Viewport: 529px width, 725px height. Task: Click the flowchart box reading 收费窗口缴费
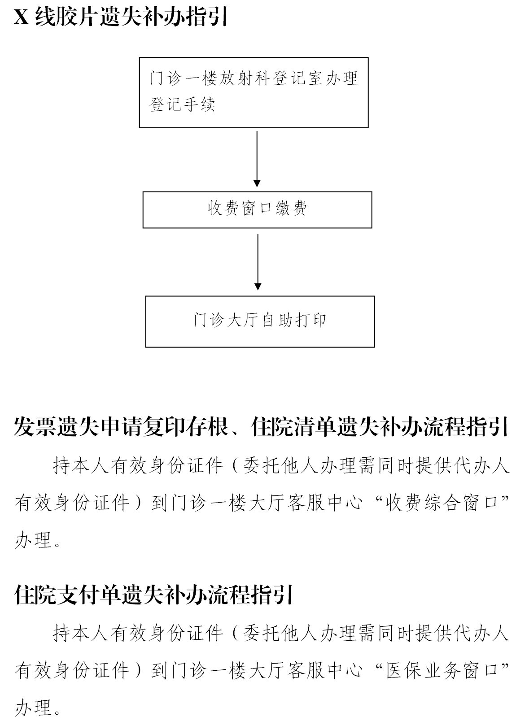click(x=257, y=210)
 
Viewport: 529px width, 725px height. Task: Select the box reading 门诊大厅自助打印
click(x=260, y=321)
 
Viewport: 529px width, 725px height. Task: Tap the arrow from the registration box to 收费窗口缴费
click(x=257, y=159)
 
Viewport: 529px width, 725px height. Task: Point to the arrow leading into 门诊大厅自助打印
click(x=258, y=262)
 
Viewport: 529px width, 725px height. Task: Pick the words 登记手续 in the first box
click(x=182, y=104)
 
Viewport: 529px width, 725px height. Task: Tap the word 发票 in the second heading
click(x=35, y=426)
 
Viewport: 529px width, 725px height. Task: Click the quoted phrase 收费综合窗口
click(x=442, y=504)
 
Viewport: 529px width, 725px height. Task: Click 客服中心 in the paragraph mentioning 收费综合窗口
click(x=325, y=504)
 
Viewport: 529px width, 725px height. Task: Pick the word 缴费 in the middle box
click(x=291, y=208)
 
